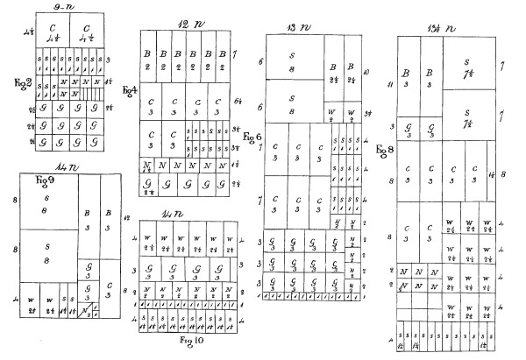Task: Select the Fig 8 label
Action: click(x=382, y=151)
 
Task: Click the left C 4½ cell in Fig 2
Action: click(x=53, y=32)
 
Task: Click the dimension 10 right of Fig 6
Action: click(x=366, y=73)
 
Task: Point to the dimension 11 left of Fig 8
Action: click(x=388, y=85)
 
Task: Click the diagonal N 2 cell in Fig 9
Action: click(x=87, y=312)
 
